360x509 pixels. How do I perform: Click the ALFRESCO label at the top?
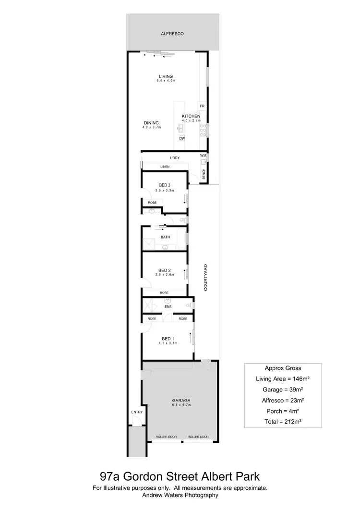click(172, 34)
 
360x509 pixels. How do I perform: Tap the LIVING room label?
click(166, 76)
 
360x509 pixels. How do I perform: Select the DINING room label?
click(151, 123)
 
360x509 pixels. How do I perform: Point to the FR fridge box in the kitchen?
click(202, 106)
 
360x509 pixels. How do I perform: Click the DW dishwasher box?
click(182, 139)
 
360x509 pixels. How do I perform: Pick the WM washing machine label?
click(203, 156)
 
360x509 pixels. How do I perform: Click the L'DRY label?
click(174, 158)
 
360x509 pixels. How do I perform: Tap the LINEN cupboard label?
click(165, 166)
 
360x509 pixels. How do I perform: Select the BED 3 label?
click(165, 185)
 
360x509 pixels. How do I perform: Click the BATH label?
click(165, 237)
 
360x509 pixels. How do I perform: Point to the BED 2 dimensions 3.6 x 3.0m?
click(165, 274)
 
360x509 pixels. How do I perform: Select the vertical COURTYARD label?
click(205, 278)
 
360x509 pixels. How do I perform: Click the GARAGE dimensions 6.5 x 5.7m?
click(181, 405)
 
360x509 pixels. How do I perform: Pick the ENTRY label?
click(137, 412)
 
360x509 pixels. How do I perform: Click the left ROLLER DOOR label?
click(166, 437)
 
